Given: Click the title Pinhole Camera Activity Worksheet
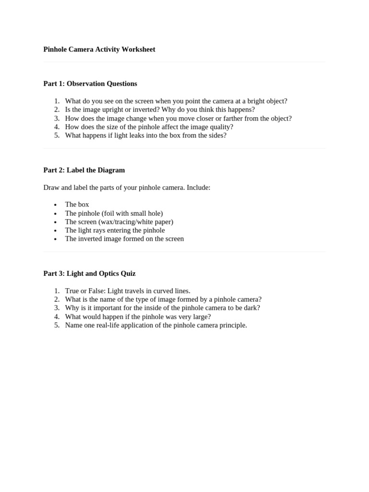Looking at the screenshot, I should pyautogui.click(x=99, y=49).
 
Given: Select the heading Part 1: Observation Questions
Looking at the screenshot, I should pyautogui.click(x=90, y=84).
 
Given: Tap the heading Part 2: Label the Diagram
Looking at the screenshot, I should pyautogui.click(x=84, y=170).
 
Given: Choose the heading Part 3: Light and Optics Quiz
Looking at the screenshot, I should pyautogui.click(x=89, y=273).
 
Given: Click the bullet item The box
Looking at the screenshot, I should pyautogui.click(x=77, y=204).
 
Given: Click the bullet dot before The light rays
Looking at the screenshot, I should pyautogui.click(x=56, y=231).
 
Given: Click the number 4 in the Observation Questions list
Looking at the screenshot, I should pyautogui.click(x=57, y=127).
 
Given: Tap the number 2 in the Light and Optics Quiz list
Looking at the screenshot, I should pyautogui.click(x=57, y=299).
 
